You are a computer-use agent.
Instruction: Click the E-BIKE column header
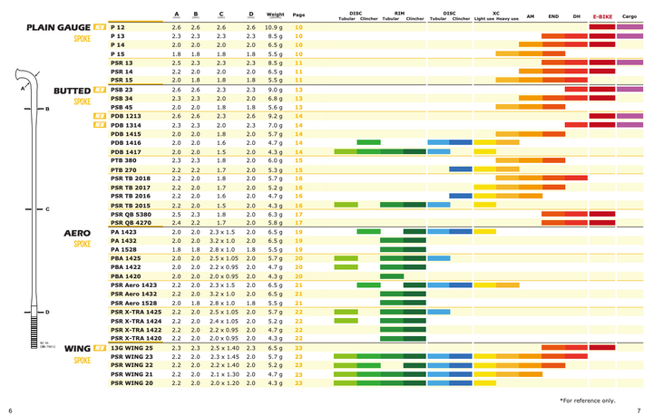click(x=601, y=16)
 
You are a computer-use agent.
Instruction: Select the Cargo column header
click(x=629, y=16)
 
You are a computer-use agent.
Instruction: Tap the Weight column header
click(x=276, y=15)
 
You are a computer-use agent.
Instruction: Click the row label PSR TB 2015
click(x=131, y=205)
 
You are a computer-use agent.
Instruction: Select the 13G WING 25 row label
click(x=132, y=347)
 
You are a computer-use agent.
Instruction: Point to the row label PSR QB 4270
click(x=131, y=222)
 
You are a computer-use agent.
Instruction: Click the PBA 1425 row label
click(x=126, y=258)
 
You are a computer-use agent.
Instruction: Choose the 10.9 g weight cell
click(x=276, y=27)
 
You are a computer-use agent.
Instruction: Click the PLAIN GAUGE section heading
click(x=57, y=28)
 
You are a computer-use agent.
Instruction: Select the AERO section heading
click(x=76, y=233)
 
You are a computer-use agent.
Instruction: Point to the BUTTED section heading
click(x=72, y=91)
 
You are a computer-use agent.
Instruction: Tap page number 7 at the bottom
click(x=639, y=409)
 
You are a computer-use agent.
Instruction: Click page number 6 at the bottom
click(x=10, y=409)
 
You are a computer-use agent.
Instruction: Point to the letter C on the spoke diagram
click(x=47, y=209)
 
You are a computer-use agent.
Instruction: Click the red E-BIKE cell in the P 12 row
click(x=601, y=27)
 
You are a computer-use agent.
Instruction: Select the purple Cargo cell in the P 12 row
click(x=629, y=27)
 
